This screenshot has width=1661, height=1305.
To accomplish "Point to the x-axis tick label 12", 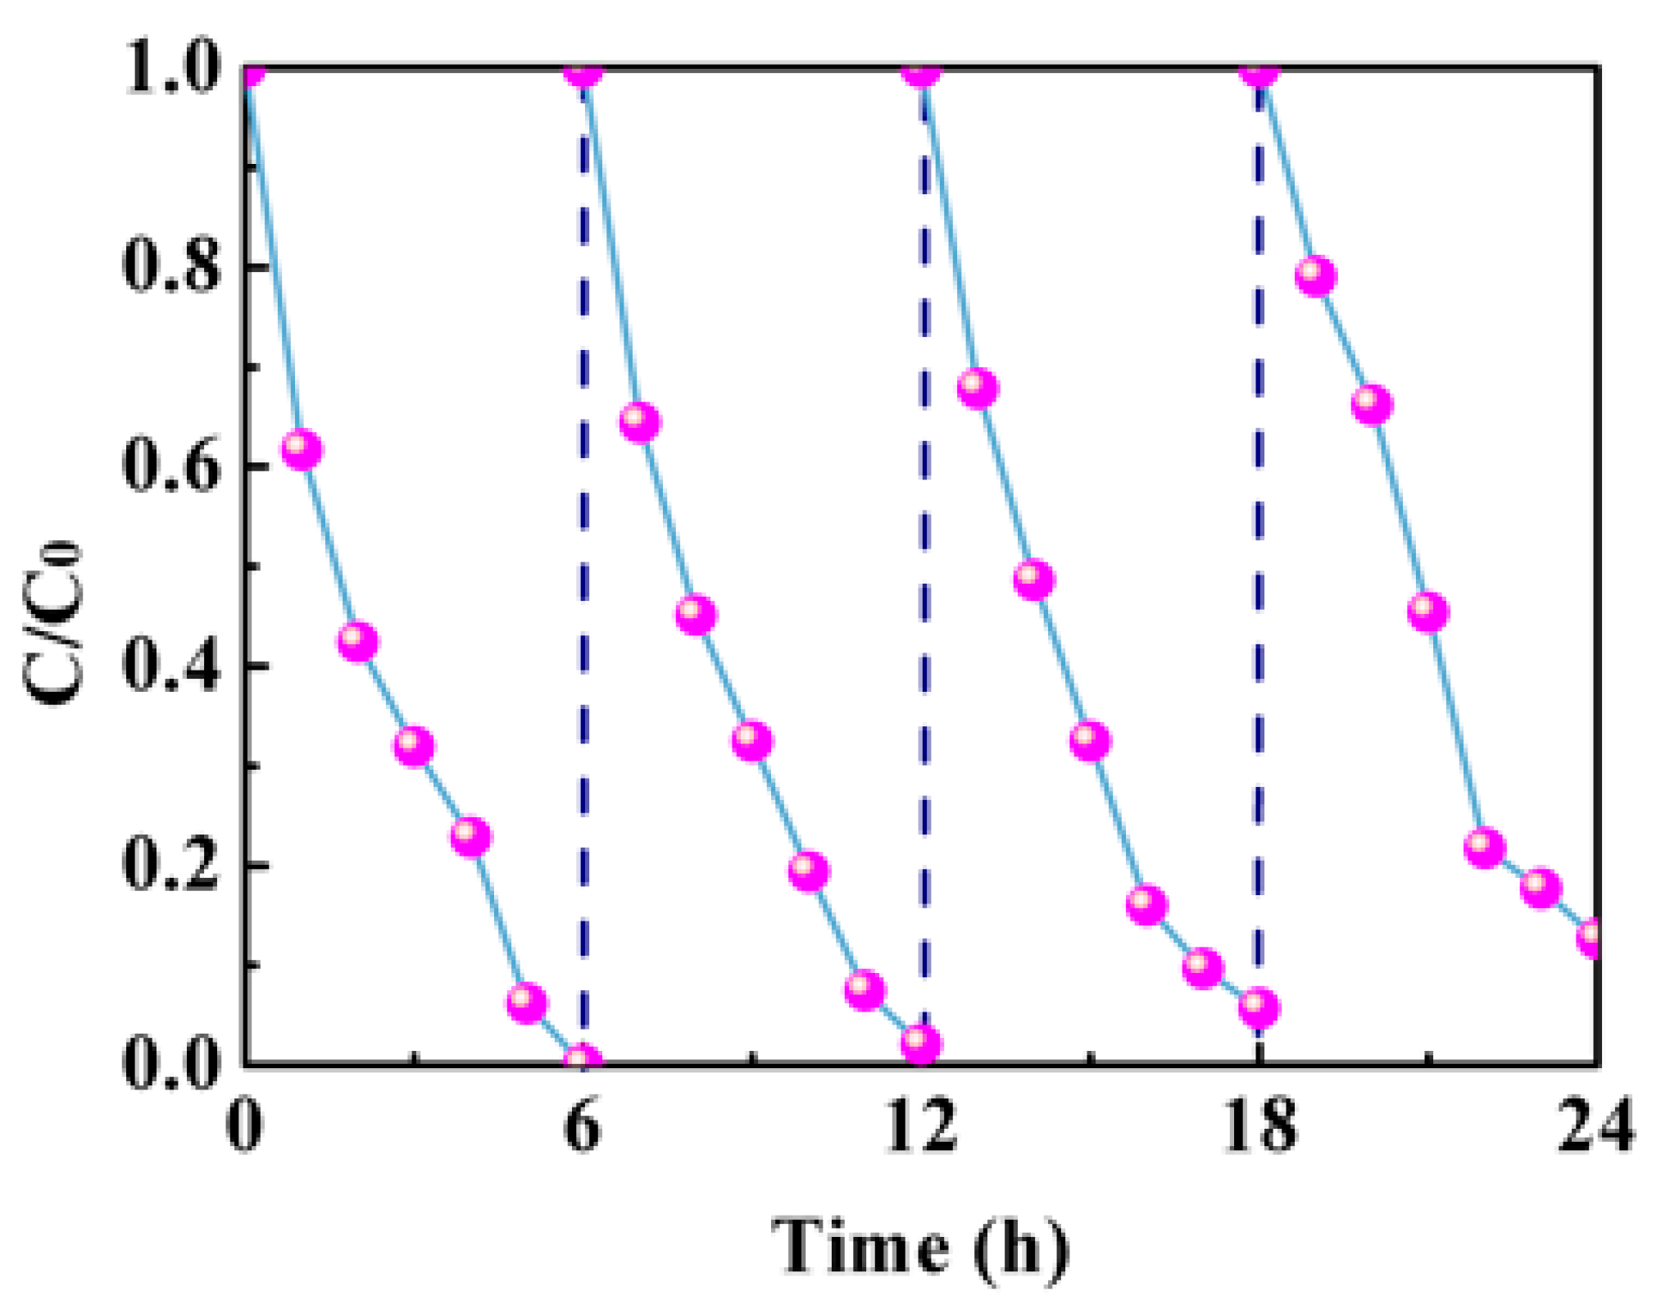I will click(921, 1126).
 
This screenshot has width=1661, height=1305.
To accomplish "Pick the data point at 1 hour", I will click(302, 449).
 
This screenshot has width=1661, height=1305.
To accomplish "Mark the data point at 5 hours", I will click(526, 1001).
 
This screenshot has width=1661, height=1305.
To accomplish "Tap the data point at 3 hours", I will click(414, 746).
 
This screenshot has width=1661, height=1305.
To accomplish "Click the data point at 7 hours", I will click(640, 422).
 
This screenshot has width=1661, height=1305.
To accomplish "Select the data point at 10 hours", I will click(808, 870).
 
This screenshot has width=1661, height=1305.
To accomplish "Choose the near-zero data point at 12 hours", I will click(920, 1044).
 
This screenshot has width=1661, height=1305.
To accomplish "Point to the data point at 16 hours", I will click(1146, 904).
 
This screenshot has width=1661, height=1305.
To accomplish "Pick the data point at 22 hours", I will click(1484, 847).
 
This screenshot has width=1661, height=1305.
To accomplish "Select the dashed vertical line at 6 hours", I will click(583, 574).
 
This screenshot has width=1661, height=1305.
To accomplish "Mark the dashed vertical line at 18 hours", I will click(1259, 574).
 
